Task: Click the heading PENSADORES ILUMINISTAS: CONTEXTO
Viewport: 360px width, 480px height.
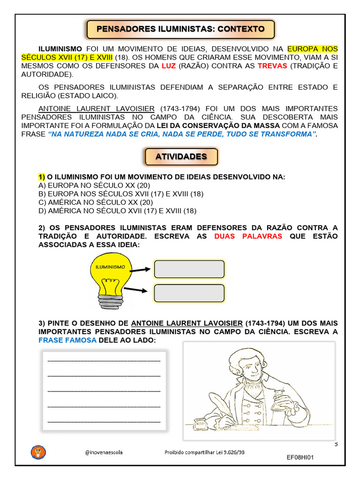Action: [180, 29]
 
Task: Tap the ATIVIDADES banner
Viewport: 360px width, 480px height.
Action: [181, 157]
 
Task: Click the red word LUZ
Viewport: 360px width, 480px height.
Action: [168, 66]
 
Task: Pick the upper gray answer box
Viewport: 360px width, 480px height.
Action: [189, 269]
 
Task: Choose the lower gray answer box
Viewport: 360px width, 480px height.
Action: [189, 293]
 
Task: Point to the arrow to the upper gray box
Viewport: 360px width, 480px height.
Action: [141, 270]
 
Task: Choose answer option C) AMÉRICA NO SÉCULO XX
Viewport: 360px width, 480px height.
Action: [96, 202]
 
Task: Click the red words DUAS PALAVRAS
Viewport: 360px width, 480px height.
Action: [248, 236]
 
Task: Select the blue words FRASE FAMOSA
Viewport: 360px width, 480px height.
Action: [67, 340]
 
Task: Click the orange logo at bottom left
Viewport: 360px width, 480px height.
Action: [38, 452]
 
